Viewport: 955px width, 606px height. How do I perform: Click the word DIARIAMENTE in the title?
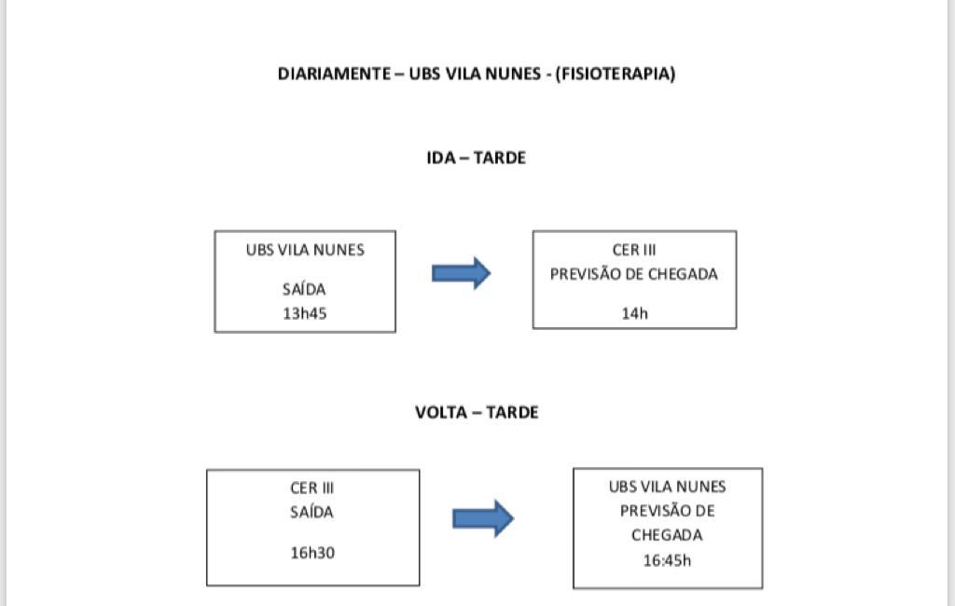click(334, 74)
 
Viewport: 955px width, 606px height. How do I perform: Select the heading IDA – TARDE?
click(477, 158)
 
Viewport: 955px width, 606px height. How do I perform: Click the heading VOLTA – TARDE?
click(477, 412)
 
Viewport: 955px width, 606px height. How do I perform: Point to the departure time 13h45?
click(305, 313)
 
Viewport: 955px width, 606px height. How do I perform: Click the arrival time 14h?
click(634, 313)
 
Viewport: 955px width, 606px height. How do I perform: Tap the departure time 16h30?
click(312, 553)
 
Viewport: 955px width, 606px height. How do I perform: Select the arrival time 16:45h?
click(668, 560)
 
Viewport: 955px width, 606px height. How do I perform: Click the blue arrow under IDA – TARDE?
click(461, 273)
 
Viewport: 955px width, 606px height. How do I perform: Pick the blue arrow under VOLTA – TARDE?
click(483, 518)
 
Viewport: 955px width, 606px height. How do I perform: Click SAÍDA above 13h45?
click(304, 289)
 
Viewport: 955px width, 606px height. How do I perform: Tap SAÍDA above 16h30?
click(311, 512)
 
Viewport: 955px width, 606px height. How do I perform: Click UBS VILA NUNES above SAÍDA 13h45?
click(305, 250)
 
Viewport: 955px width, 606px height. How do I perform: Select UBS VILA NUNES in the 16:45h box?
click(668, 487)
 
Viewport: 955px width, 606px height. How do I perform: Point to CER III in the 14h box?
click(634, 250)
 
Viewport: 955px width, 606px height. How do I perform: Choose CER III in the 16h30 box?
click(311, 488)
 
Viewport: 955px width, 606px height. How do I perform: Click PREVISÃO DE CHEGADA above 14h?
click(634, 274)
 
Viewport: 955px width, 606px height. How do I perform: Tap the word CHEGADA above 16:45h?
click(667, 535)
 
